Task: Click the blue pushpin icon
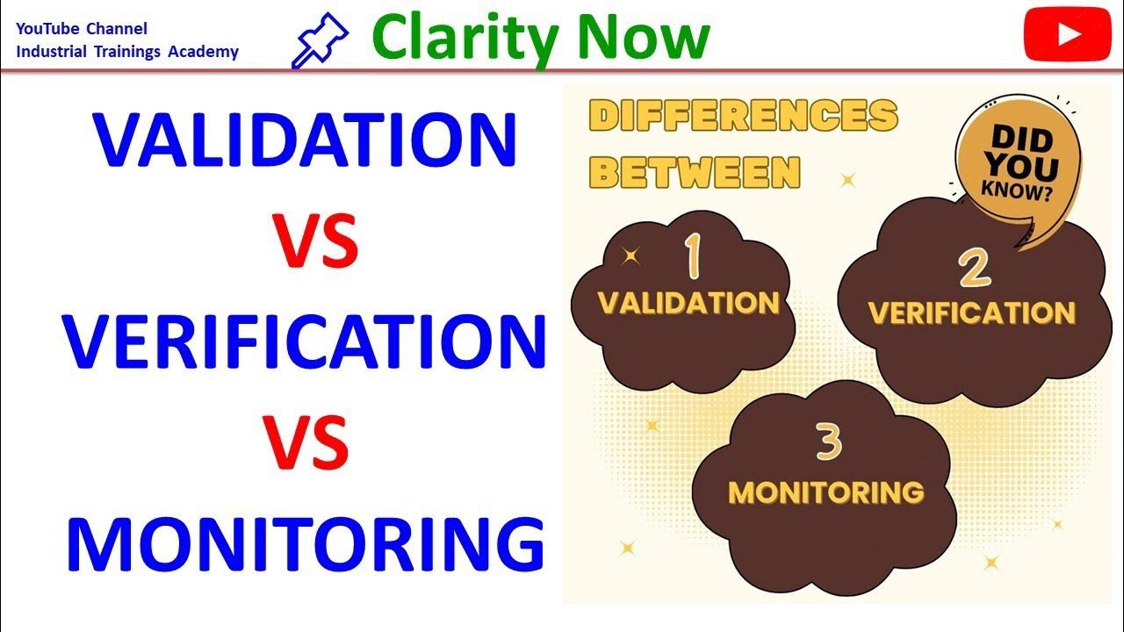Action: tap(321, 40)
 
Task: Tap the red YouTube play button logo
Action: tap(1068, 34)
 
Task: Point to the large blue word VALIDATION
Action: tap(306, 140)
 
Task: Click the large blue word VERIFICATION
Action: tap(304, 341)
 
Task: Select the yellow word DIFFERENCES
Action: tap(743, 116)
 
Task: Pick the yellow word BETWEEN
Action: tap(695, 172)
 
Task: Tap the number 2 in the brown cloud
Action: tap(975, 268)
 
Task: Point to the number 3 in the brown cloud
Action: tap(829, 444)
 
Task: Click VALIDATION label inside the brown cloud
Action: tap(688, 303)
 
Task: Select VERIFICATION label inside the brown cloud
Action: tap(971, 312)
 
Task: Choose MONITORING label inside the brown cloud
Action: tap(825, 492)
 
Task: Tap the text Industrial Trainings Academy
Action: tap(127, 51)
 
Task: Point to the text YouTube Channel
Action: tap(82, 29)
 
